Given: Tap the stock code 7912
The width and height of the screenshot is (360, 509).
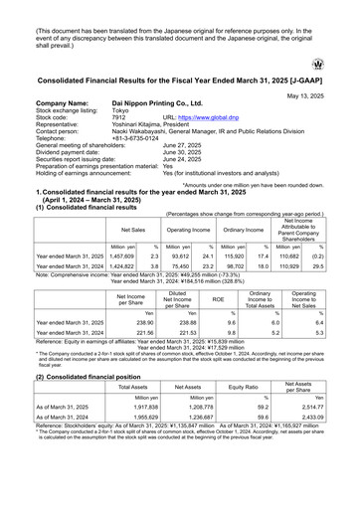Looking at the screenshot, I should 119,116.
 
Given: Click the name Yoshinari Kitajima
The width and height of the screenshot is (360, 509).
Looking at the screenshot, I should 142,123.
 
